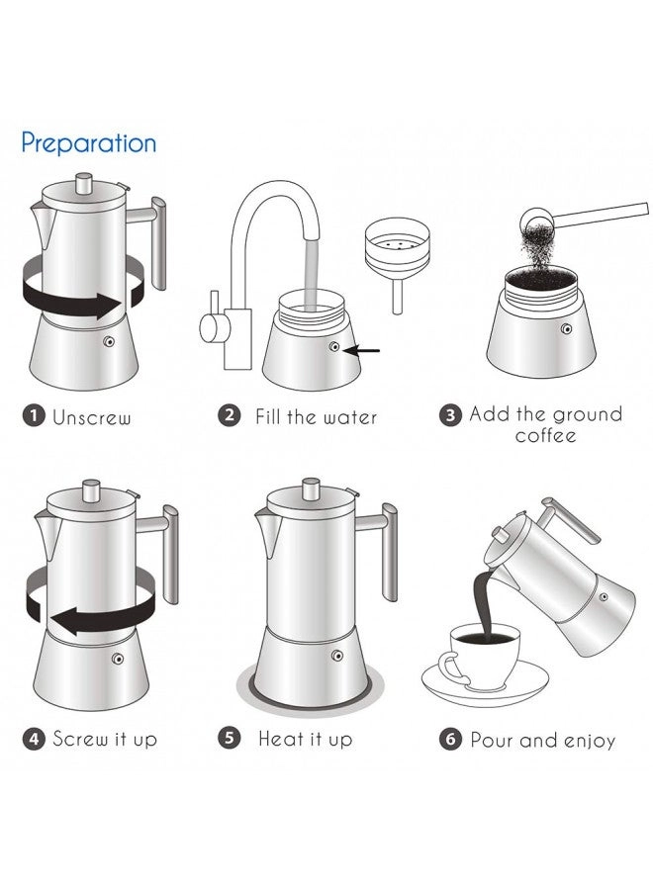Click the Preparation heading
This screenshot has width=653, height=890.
click(89, 144)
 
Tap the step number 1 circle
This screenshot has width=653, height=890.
click(34, 415)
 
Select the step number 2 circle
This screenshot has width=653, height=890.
click(229, 415)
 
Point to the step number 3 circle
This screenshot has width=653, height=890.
click(450, 415)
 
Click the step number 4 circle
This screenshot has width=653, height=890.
click(34, 739)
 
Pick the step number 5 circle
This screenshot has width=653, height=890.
click(229, 739)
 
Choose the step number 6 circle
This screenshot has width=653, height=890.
click(450, 740)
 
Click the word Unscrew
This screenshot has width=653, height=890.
click(91, 417)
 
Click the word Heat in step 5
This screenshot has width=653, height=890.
click(279, 739)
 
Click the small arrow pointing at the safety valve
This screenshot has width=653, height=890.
click(362, 351)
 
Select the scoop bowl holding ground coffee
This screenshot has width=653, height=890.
click(536, 218)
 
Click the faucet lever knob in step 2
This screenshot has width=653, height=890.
click(208, 328)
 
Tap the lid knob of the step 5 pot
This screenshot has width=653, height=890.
click(311, 489)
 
